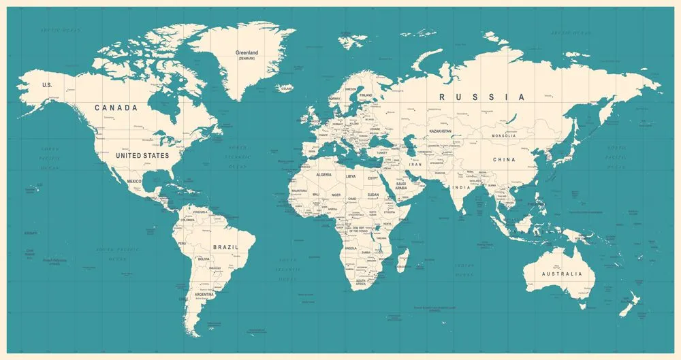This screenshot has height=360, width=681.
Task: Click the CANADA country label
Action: coord(116,108)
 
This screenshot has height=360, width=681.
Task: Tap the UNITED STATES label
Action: coord(142,156)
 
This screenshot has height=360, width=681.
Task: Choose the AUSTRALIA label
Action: coord(562,274)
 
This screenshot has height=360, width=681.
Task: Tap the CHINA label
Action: coord(505,159)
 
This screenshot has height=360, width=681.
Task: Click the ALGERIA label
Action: coord(323,175)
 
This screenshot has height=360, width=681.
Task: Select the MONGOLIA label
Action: coord(505,136)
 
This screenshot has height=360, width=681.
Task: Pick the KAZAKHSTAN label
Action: coord(441,130)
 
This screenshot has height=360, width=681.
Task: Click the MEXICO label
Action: coord(133,181)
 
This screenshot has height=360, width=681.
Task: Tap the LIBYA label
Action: coord(351,176)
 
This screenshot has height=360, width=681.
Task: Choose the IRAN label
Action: coord(415,165)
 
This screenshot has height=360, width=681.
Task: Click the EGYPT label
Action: coord(373,178)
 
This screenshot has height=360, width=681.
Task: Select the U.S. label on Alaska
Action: coord(47,85)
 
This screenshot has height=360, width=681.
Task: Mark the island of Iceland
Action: coord(286,88)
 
